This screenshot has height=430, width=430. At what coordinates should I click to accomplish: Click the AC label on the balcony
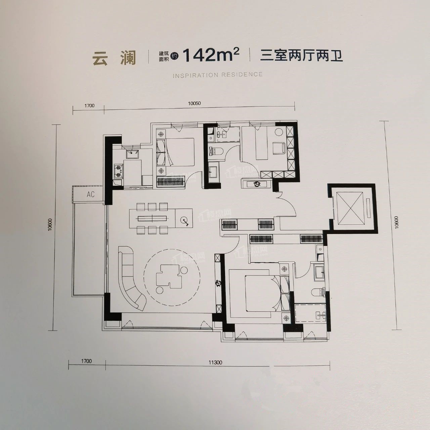coord(90,194)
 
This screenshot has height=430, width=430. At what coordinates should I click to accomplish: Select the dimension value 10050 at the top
coord(194,103)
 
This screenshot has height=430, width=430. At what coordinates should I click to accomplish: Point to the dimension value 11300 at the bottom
coord(215,362)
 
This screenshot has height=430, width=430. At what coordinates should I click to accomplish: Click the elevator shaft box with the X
coord(351,208)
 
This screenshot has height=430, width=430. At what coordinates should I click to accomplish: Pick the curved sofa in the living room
coord(130,277)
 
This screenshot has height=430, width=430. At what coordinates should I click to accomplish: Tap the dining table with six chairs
coord(153,218)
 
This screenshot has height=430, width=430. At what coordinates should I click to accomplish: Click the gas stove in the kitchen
coord(118,171)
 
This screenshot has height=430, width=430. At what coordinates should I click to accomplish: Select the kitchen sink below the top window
coord(133,154)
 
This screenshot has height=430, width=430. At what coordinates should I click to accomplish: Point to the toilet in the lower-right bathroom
coord(317,292)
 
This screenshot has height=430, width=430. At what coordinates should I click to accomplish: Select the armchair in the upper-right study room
coord(278,148)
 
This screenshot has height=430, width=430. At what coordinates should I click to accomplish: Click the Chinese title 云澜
coord(114,58)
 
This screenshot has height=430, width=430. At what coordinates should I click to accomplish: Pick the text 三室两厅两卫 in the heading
coord(301,55)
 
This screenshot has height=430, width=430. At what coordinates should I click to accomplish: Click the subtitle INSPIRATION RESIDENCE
coord(218,75)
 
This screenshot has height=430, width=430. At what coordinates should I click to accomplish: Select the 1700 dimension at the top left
coord(89,105)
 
